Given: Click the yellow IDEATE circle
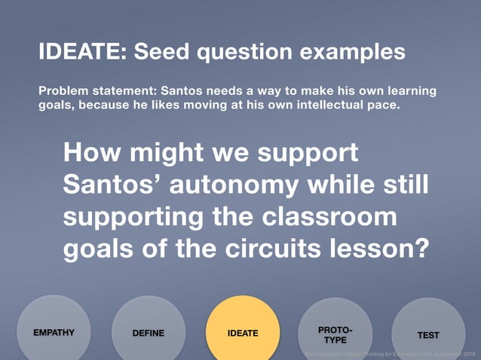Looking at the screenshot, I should [242, 332].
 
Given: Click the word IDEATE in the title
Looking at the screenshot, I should [83, 53].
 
